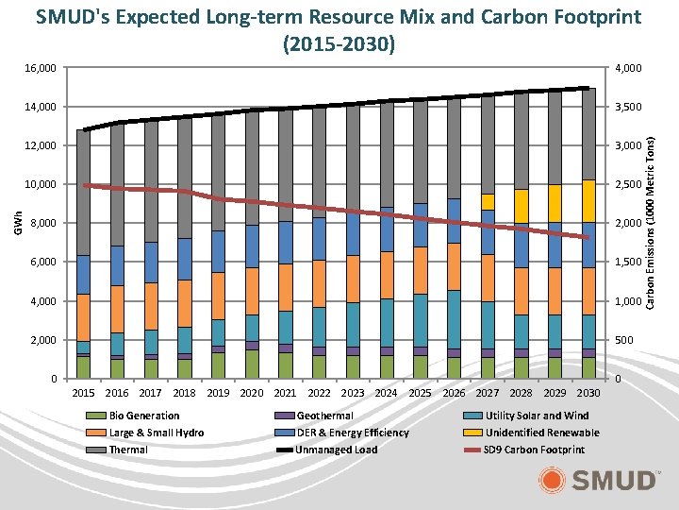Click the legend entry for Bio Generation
point(143,416)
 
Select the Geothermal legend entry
point(324,416)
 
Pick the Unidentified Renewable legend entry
point(541,433)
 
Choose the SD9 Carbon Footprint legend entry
point(534,450)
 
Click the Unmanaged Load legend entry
point(337,450)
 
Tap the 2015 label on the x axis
point(85,393)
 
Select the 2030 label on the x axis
point(588,393)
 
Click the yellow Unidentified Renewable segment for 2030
point(588,201)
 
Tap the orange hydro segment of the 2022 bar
point(320,283)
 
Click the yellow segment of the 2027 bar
point(488,202)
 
